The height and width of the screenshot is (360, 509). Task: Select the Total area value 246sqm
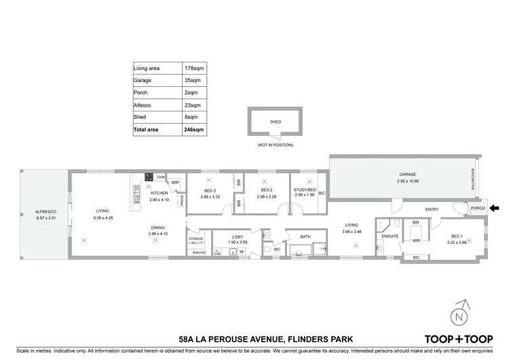[x=193, y=129]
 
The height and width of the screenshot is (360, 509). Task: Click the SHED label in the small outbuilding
[x=276, y=122]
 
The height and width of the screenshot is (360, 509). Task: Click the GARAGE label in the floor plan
[x=407, y=174]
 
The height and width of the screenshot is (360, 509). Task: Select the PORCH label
[x=478, y=208]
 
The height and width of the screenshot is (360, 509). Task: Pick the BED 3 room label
[x=210, y=190]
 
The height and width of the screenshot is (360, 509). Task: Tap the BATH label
[x=307, y=236]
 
